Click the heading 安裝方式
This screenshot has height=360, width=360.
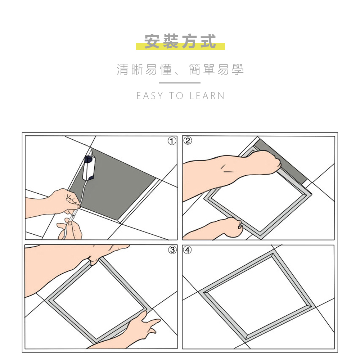tap(180, 42)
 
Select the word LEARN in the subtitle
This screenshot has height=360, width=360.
tap(207, 96)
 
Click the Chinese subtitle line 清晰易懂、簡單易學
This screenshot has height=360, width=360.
tap(180, 69)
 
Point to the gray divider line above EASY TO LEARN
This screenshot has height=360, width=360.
tap(180, 83)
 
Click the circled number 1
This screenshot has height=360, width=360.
tap(172, 141)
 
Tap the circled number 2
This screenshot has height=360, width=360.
tap(188, 141)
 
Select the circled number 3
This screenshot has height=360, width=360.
tap(172, 249)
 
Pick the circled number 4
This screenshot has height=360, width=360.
tap(188, 249)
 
